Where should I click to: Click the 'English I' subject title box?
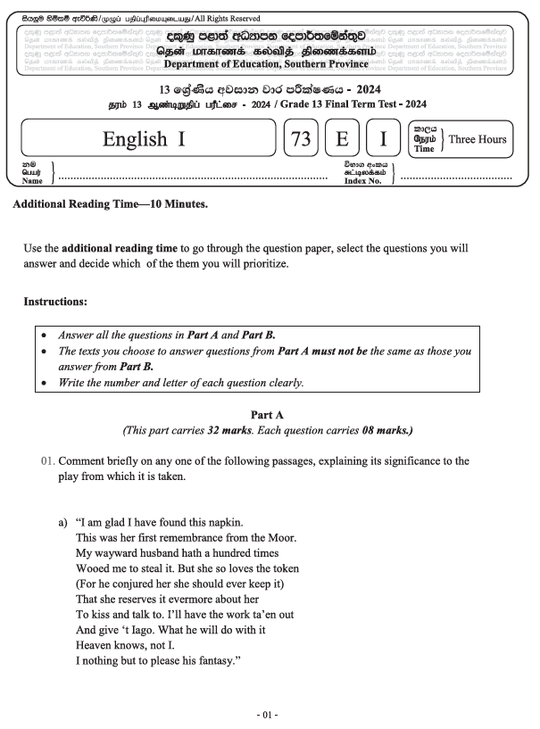[x=147, y=139]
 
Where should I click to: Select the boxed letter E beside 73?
[x=342, y=139]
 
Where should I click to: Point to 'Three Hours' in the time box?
[x=477, y=139]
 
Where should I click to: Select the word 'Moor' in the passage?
[x=278, y=537]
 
